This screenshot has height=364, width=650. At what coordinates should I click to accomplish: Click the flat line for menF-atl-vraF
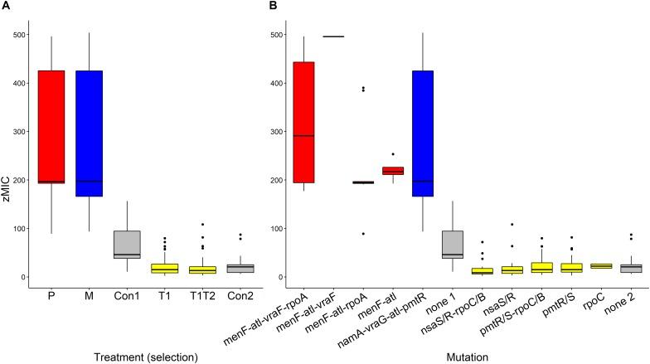[x=356, y=36]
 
